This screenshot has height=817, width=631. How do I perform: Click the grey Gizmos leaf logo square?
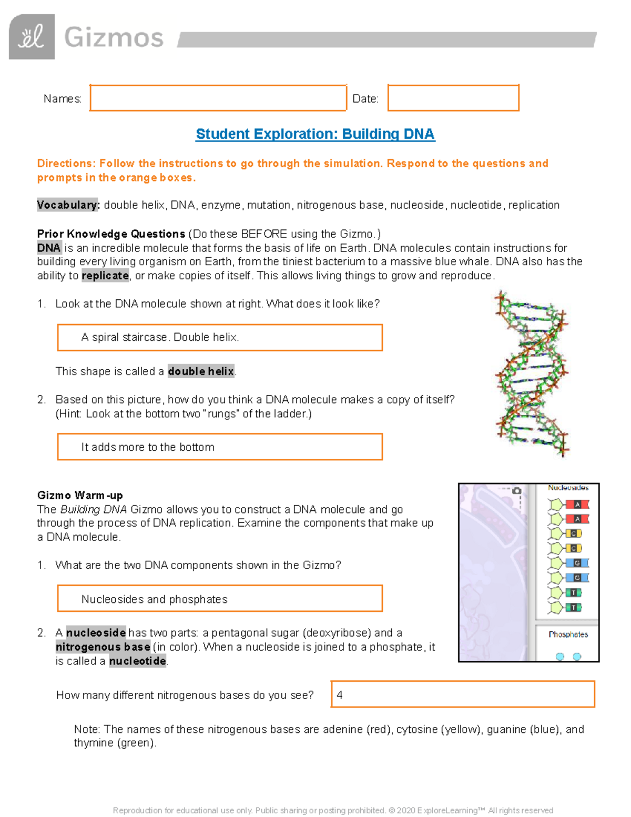coord(32,37)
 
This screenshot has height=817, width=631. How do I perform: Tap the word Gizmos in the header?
coord(114,38)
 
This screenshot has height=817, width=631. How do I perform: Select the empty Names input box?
coord(218,98)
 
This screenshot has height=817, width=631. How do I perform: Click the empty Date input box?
coord(453,98)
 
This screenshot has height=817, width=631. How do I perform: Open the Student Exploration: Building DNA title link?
coord(315,134)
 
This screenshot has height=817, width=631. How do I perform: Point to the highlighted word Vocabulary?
coord(68,205)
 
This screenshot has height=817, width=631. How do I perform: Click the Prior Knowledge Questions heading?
coord(111,234)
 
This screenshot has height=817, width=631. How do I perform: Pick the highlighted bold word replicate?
coord(105,276)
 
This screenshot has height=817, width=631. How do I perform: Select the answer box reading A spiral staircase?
coord(220,337)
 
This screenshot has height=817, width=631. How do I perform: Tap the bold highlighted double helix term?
coord(201,371)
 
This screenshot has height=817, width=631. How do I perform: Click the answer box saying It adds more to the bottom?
coord(220,447)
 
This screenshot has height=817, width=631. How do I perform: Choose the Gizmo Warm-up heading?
coord(80,495)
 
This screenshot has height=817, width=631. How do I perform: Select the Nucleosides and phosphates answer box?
coord(220,599)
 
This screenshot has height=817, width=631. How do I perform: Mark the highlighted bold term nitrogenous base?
coord(103,647)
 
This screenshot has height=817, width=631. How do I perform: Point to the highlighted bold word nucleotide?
coord(138,661)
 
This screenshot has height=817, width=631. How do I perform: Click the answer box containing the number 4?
coord(463,694)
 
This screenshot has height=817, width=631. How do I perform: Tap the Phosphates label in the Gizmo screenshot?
coord(568,634)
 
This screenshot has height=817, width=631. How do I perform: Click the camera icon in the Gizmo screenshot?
coord(517,490)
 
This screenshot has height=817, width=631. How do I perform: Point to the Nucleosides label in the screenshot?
coord(568,488)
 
